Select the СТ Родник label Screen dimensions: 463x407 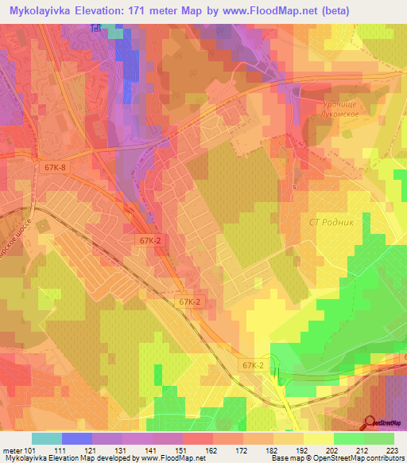point(328,223)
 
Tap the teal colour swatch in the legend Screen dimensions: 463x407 point(47,438)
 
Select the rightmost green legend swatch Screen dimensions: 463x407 point(379,438)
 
